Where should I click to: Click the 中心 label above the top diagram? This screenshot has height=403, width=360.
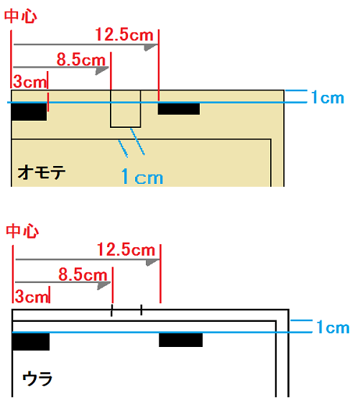tap(21, 16)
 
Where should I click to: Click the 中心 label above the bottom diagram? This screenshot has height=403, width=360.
tap(22, 231)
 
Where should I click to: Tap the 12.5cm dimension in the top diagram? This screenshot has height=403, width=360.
tap(124, 34)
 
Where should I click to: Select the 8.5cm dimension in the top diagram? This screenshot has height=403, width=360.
tap(81, 60)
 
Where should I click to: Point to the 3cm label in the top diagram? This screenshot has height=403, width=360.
tap(30, 82)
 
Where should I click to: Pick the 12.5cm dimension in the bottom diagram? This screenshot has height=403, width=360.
tap(126, 249)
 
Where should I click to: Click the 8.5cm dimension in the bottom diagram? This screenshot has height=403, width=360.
tap(83, 274)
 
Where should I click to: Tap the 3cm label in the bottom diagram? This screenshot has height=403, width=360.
tap(32, 297)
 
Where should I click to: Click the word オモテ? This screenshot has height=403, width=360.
tap(42, 172)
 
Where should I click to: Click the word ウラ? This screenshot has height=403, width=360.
tap(37, 379)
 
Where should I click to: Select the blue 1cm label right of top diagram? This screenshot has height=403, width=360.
tap(328, 98)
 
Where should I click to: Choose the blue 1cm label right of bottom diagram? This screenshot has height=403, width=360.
tap(333, 327)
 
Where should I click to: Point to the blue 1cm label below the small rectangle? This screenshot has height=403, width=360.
tap(142, 176)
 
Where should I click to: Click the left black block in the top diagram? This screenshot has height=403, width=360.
tap(29, 111)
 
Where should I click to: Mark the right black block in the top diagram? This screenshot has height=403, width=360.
tap(179, 108)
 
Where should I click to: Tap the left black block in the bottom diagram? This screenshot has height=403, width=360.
tap(31, 341)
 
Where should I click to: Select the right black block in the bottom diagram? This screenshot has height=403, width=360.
tap(181, 340)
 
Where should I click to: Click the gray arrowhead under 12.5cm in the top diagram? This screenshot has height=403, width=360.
tap(151, 47)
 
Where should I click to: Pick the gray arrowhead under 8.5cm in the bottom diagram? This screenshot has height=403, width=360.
tap(104, 285)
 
